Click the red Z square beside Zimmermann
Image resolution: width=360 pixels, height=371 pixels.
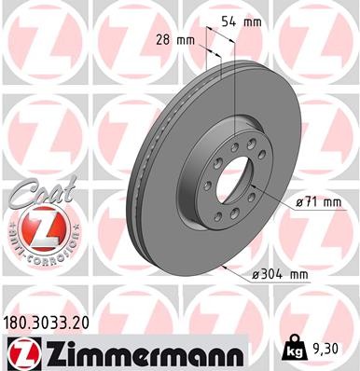(x=21, y=353)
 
